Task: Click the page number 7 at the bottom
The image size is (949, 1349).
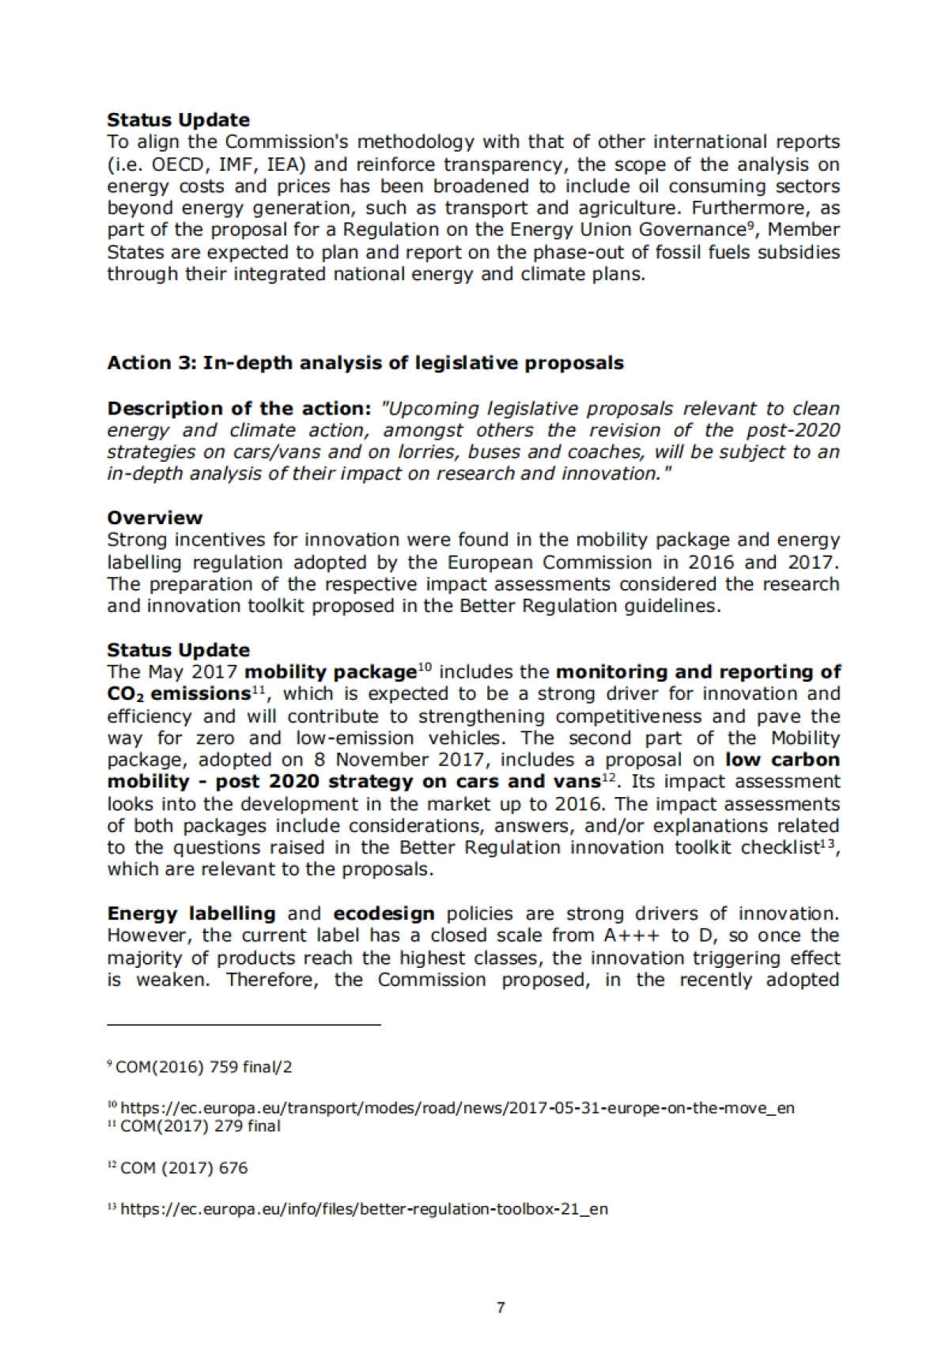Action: click(x=500, y=1307)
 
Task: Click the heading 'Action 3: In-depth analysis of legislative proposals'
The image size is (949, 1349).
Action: click(x=365, y=363)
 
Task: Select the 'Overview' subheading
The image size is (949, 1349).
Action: click(x=155, y=518)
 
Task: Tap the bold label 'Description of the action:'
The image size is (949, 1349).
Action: click(x=239, y=409)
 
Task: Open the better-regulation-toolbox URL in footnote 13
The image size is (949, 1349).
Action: click(x=364, y=1209)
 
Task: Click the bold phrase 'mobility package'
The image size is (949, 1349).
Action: click(x=331, y=672)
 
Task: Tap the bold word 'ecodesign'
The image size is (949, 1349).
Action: click(x=384, y=914)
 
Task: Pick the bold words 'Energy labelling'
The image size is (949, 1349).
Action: click(x=191, y=914)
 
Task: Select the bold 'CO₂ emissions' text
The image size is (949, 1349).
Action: click(x=179, y=694)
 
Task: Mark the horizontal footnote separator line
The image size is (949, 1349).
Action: click(x=244, y=1025)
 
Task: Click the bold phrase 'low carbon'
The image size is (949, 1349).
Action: click(x=782, y=760)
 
